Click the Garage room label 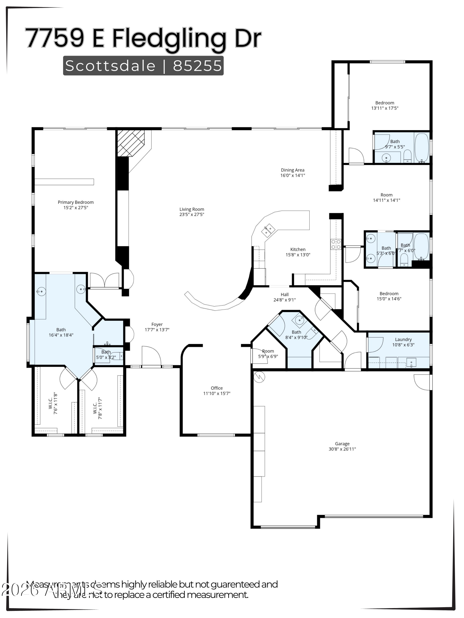pyautogui.click(x=342, y=444)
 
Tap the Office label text pyautogui.click(x=217, y=388)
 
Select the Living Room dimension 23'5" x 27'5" pyautogui.click(x=192, y=214)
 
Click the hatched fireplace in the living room pyautogui.click(x=131, y=143)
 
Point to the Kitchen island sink pyautogui.click(x=268, y=230)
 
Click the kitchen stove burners pyautogui.click(x=336, y=244)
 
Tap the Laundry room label pyautogui.click(x=403, y=339)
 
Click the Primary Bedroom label pyautogui.click(x=76, y=202)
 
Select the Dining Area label pyautogui.click(x=292, y=170)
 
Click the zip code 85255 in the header pyautogui.click(x=197, y=66)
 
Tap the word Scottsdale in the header pyautogui.click(x=110, y=66)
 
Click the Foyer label pyautogui.click(x=157, y=324)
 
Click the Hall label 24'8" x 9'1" pyautogui.click(x=285, y=297)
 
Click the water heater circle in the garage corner pyautogui.click(x=259, y=377)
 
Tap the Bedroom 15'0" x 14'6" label pyautogui.click(x=389, y=296)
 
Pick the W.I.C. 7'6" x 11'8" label pyautogui.click(x=53, y=403)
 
